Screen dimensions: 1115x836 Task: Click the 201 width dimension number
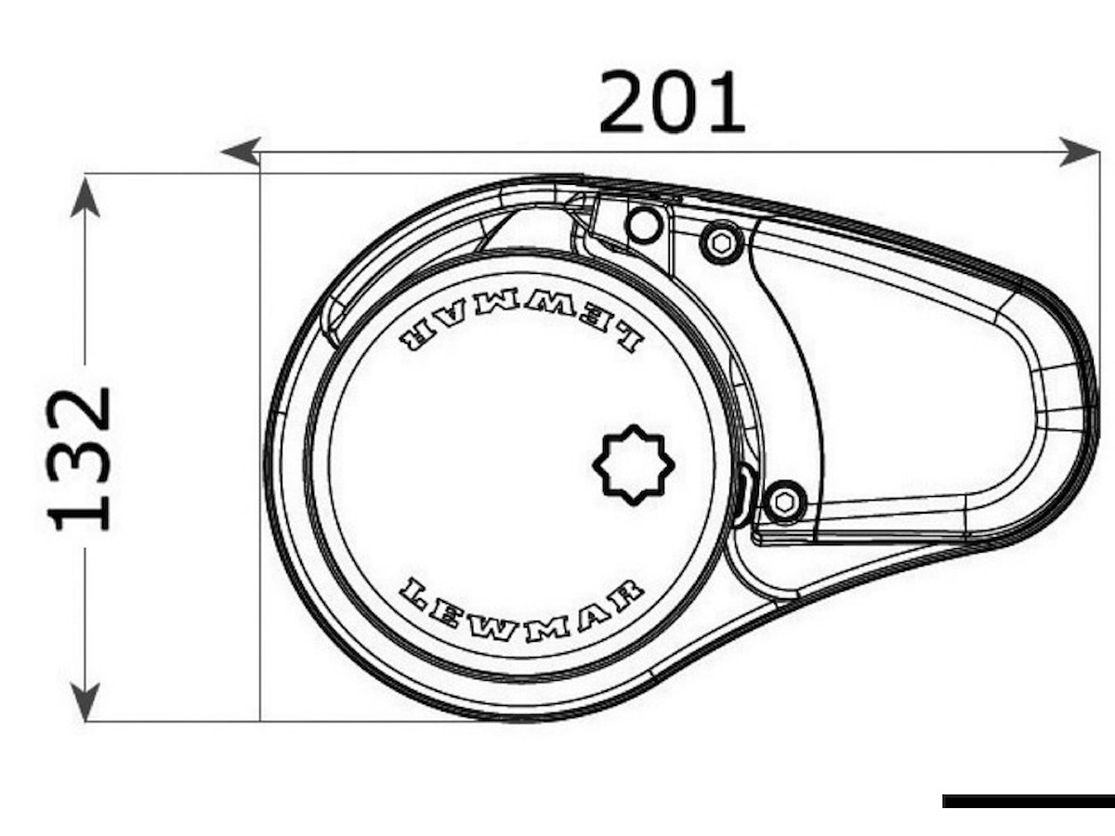tap(672, 101)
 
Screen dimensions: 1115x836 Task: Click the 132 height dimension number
tap(79, 460)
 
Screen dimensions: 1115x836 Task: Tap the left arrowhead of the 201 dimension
tap(241, 151)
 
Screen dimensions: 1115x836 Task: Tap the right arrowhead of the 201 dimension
tap(1079, 151)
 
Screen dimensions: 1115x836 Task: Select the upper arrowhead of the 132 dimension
tap(85, 198)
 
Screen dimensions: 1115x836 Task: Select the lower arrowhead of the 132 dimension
tap(85, 701)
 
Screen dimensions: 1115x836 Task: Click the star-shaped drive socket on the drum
tap(634, 465)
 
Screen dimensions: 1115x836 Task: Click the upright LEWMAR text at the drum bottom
tap(520, 611)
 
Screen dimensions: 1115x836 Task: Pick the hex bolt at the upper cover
tap(721, 243)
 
